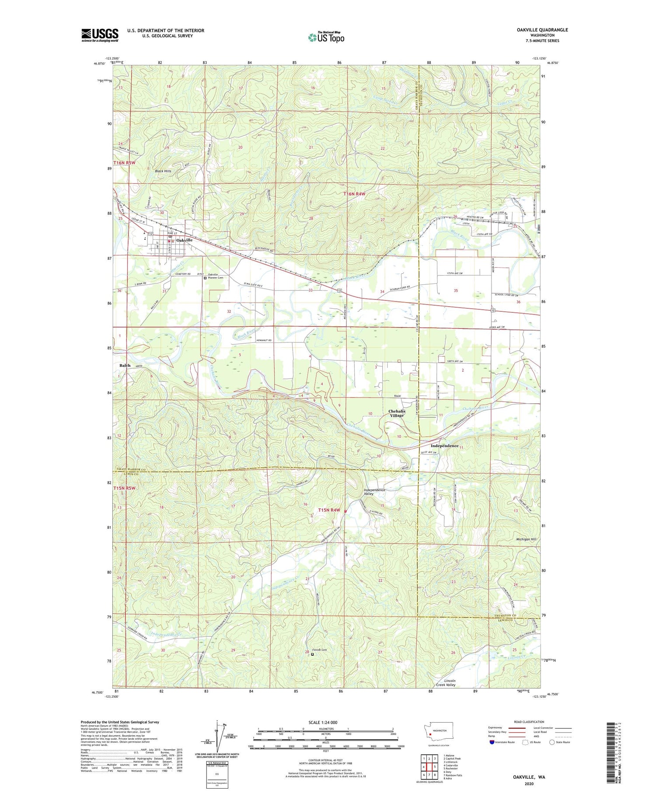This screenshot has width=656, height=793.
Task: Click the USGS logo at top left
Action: (100, 35)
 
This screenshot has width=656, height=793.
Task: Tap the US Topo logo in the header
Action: (326, 38)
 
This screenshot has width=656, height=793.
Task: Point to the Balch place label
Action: (125, 365)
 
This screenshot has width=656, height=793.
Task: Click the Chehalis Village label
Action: (397, 413)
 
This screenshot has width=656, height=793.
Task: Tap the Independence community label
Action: (444, 446)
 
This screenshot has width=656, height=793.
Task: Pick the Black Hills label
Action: (163, 171)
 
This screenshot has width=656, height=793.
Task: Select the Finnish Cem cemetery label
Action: (320, 650)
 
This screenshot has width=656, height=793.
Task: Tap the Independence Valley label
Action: (374, 492)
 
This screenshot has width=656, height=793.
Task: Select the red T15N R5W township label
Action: (125, 488)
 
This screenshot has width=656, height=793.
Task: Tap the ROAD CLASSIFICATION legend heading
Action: (529, 722)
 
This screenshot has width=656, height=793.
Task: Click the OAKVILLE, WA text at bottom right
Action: (529, 777)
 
